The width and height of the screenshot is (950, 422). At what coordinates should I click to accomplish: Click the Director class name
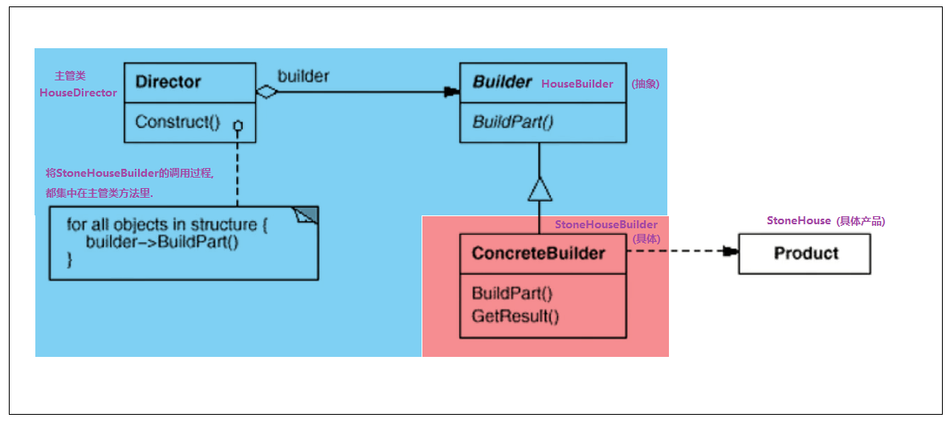click(168, 82)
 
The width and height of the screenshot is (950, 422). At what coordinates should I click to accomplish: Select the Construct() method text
click(177, 122)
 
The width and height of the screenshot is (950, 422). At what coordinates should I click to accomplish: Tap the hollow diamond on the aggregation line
click(267, 92)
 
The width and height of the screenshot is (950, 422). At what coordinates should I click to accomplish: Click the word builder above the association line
click(304, 76)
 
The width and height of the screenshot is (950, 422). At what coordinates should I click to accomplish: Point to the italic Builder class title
click(502, 82)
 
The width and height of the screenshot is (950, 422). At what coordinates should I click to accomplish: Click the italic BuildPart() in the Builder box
click(512, 122)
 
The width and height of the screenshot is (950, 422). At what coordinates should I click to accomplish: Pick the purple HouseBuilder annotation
click(577, 84)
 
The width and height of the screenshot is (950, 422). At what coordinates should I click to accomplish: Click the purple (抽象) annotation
click(645, 84)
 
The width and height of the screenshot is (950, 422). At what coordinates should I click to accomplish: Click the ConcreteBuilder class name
click(538, 253)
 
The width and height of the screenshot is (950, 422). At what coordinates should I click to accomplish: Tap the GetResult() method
click(515, 315)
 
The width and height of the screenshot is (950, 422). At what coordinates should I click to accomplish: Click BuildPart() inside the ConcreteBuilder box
click(512, 293)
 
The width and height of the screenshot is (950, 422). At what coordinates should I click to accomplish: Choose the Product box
click(805, 253)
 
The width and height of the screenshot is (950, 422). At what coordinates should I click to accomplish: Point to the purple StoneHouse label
click(798, 220)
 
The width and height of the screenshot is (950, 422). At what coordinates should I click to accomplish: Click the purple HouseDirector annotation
click(78, 92)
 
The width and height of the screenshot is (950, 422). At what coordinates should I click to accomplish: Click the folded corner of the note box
click(307, 215)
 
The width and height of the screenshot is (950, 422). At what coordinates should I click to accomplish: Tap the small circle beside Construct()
click(238, 126)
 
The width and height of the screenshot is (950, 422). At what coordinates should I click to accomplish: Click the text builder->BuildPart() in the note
click(162, 242)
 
